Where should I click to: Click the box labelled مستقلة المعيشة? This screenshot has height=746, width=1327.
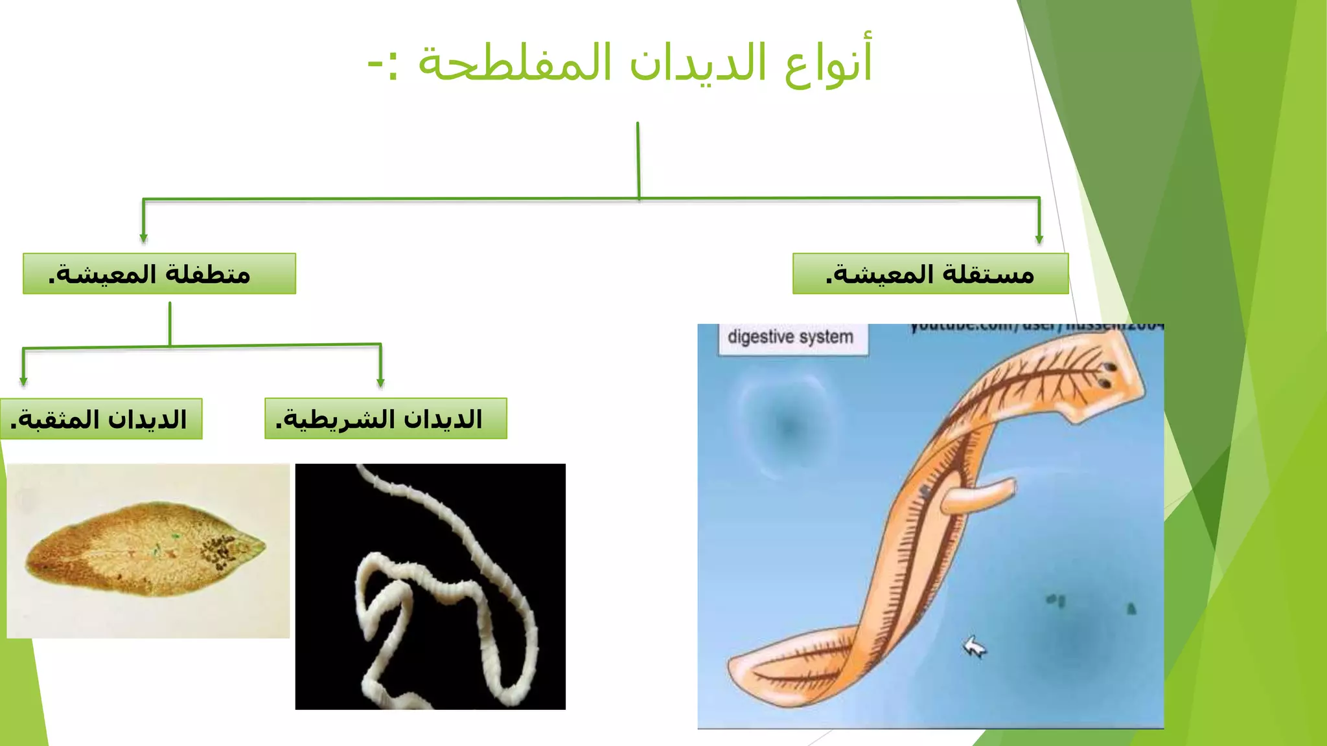(x=930, y=274)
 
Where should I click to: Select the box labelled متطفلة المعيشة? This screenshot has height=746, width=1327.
(x=159, y=274)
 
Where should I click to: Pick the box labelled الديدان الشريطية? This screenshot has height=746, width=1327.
(x=386, y=419)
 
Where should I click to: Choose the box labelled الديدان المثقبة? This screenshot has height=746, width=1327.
(x=101, y=419)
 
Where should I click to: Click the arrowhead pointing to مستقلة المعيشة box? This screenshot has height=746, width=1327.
(x=1039, y=239)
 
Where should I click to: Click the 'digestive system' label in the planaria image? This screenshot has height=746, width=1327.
(x=790, y=337)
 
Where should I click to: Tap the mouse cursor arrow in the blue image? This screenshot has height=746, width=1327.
(x=974, y=647)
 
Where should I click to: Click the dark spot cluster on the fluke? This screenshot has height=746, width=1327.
(x=219, y=550)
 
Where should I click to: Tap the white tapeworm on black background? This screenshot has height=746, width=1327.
(x=447, y=596)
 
